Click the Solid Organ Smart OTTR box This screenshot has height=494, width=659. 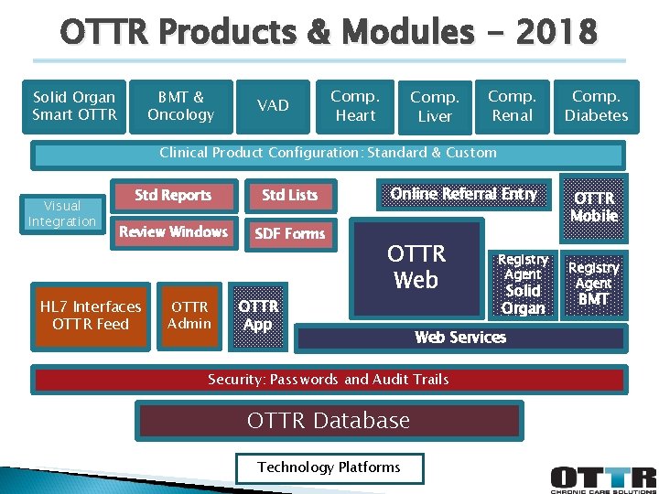74,106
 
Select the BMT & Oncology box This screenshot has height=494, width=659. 180,106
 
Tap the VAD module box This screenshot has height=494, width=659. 273,106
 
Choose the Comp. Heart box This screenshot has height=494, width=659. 355,106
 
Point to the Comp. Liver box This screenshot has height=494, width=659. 435,107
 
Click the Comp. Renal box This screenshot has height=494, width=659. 512,106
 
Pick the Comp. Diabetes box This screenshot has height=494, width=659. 596,106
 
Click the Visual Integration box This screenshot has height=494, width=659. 62,214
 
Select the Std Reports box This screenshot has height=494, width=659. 173,195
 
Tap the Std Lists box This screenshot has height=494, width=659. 289,195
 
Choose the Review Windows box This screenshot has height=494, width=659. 173,232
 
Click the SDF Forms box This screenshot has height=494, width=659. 290,234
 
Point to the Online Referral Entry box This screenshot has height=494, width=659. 464,194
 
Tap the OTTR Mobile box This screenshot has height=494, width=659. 594,207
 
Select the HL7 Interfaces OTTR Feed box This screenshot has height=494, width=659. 91,316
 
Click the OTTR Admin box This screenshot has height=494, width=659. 190,316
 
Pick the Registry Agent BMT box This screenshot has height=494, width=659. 594,285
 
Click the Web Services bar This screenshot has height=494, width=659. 460,338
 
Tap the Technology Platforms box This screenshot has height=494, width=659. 329,467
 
